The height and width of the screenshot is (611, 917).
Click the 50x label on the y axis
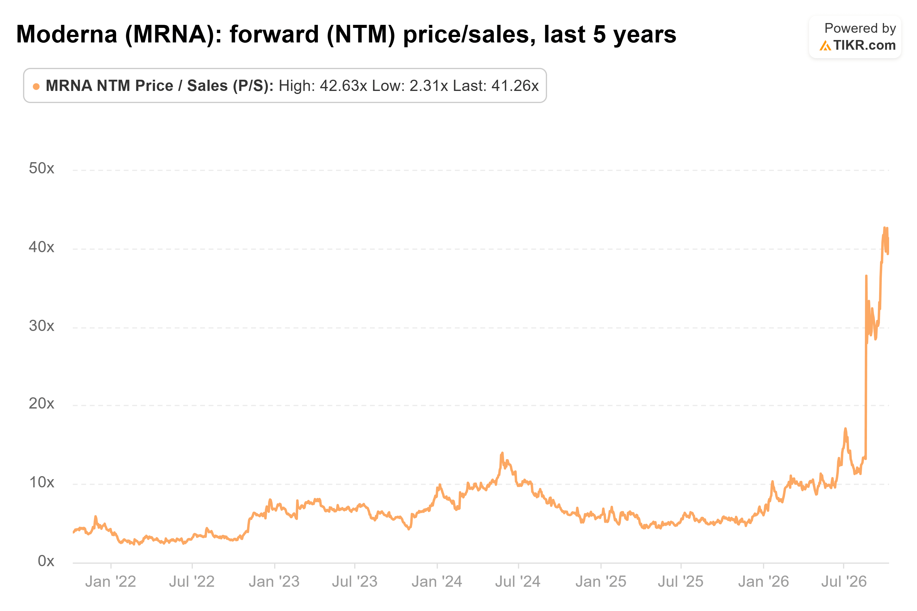click(41, 168)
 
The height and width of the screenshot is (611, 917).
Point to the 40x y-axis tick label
click(41, 247)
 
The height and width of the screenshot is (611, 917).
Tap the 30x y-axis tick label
click(41, 326)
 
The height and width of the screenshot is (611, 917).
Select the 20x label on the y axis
click(41, 404)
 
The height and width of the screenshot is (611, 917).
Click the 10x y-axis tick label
click(41, 482)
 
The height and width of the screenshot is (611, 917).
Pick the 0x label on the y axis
click(46, 561)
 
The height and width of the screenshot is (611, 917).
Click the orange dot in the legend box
click(36, 86)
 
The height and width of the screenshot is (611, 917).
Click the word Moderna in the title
click(67, 34)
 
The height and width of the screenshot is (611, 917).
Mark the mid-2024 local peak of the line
click(502, 453)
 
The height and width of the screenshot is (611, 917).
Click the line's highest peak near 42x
click(884, 228)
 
